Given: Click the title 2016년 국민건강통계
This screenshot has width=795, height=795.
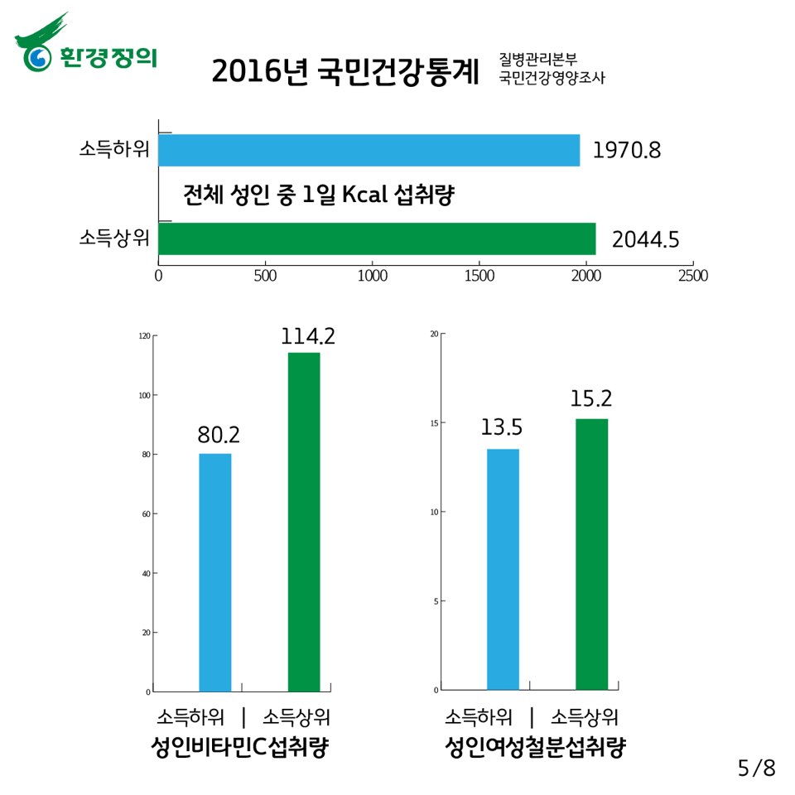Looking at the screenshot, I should click(x=345, y=72).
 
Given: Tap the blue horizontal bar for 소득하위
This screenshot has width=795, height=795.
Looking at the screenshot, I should click(x=369, y=150).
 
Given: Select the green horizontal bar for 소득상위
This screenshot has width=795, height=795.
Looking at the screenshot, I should click(x=377, y=238).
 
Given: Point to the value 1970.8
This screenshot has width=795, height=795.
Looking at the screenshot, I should click(x=627, y=152).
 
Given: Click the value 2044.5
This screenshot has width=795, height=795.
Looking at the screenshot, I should click(x=645, y=239).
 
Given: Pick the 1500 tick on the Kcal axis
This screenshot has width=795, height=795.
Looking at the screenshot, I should click(x=479, y=276).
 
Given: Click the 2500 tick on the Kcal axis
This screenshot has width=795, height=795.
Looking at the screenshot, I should click(x=692, y=276).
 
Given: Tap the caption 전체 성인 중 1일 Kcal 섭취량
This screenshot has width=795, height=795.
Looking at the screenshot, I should click(x=320, y=195).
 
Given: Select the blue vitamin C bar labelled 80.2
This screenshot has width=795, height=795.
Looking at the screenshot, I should click(x=215, y=571).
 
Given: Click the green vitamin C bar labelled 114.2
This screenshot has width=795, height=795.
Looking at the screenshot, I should click(x=304, y=522).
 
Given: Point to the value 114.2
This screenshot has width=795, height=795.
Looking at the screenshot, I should click(x=307, y=336).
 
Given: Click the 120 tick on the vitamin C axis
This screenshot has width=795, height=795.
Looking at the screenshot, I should click(x=145, y=336).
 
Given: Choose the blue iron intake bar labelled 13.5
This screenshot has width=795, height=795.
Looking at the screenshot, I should click(x=503, y=569).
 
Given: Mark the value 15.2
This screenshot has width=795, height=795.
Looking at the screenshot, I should click(x=590, y=398).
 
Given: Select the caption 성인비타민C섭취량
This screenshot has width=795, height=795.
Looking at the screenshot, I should click(x=240, y=748).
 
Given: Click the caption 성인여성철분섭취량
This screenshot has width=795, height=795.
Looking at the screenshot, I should click(x=534, y=748).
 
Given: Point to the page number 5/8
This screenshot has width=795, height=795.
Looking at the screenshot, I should click(x=757, y=768).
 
